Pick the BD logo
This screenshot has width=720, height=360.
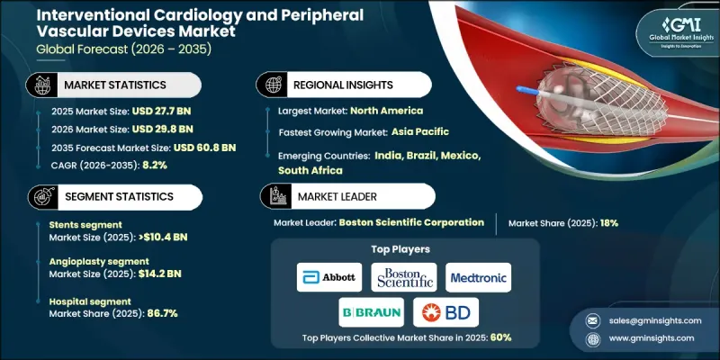click(x=446, y=312)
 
